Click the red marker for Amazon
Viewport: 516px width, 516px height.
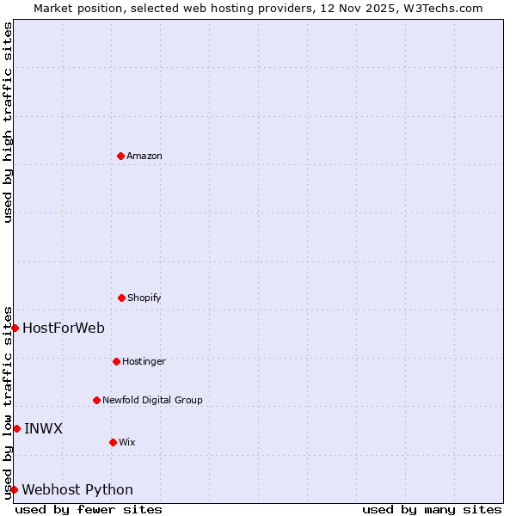click(x=120, y=156)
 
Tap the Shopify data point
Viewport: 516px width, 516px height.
click(x=121, y=298)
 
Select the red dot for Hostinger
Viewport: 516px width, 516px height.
click(x=116, y=361)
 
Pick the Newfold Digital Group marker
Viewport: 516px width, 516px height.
click(x=96, y=400)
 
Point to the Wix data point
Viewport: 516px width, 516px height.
click(x=113, y=442)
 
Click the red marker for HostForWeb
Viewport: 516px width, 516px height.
click(x=15, y=328)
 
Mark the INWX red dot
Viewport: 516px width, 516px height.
click(x=16, y=428)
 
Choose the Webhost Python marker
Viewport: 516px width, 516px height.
click(x=14, y=489)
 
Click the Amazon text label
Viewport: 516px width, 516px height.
click(x=144, y=156)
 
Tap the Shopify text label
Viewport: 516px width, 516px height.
click(x=144, y=298)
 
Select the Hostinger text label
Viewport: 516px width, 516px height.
click(x=144, y=361)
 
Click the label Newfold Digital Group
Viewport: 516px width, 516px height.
click(x=152, y=400)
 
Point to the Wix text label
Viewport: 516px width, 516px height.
click(x=127, y=442)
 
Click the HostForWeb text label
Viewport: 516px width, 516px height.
click(x=64, y=328)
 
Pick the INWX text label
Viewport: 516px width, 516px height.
click(x=43, y=428)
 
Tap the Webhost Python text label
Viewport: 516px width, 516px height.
click(x=77, y=489)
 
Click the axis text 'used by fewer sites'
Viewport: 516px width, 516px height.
click(x=89, y=509)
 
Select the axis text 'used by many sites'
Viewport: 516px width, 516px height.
click(x=432, y=509)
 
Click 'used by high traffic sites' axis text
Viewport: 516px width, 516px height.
click(x=8, y=122)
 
